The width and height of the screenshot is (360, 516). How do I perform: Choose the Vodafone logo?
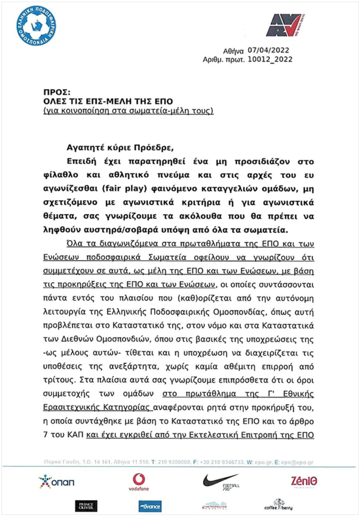138,482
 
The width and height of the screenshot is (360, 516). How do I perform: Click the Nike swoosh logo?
220,481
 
